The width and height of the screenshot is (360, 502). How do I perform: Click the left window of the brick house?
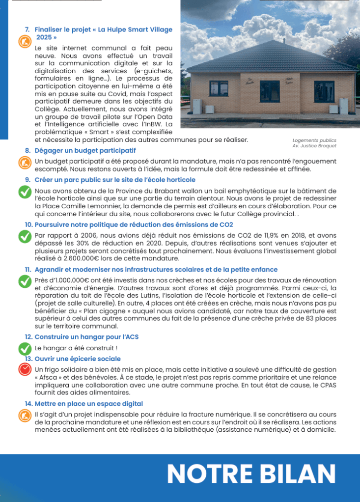pos(219,88)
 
